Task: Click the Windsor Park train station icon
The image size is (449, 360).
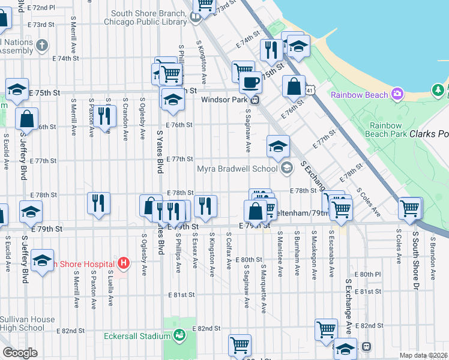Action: coord(255,100)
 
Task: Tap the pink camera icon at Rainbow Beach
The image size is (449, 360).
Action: coord(397,94)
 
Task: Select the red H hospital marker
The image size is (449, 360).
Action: coord(124,263)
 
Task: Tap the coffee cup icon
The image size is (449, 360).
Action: coord(250,82)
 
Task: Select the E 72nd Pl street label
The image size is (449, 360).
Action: coord(41,8)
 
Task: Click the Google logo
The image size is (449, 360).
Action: coord(20,353)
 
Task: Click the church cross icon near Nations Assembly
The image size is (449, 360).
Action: coord(41,45)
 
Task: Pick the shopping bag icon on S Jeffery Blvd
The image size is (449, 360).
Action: coord(27,119)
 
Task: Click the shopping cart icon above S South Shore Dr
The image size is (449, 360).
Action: coord(410,208)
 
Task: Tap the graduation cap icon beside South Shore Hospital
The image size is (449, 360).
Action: coord(42,261)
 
